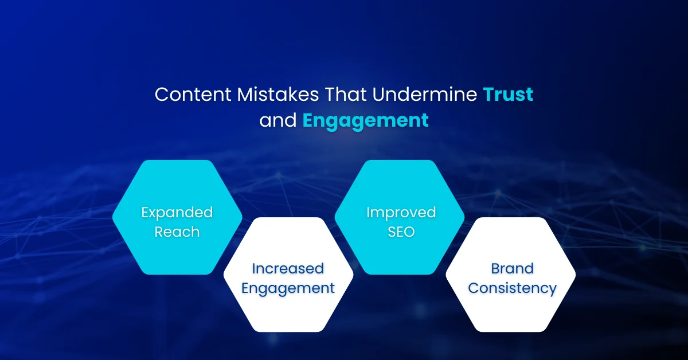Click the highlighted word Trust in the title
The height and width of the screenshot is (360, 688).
click(x=508, y=95)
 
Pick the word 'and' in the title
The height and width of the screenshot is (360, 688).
click(x=278, y=121)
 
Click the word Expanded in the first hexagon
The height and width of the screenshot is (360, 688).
click(x=177, y=213)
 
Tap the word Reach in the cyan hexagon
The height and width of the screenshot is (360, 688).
click(x=177, y=232)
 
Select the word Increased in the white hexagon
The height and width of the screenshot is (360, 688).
click(x=288, y=268)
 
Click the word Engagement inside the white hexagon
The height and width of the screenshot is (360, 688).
click(x=288, y=288)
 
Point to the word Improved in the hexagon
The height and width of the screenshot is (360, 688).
click(x=401, y=213)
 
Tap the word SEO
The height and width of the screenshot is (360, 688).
click(x=401, y=232)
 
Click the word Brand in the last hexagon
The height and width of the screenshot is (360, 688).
click(x=512, y=268)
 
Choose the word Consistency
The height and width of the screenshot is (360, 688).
click(x=512, y=288)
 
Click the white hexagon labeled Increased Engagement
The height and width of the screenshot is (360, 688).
click(x=288, y=310)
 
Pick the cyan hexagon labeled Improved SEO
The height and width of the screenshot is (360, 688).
click(x=401, y=189)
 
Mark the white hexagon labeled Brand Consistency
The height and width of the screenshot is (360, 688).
click(x=512, y=310)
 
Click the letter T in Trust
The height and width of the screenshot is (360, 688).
click(x=488, y=95)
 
